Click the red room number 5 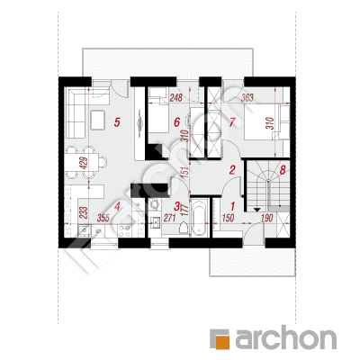[117, 122]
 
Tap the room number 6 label [177, 122]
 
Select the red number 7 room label [232, 122]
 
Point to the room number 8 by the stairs [283, 170]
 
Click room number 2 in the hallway [232, 170]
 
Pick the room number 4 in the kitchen [117, 206]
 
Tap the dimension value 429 [85, 164]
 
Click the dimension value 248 [176, 98]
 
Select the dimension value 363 [247, 97]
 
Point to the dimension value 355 [103, 218]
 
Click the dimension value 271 [169, 218]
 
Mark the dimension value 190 [266, 218]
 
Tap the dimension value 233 [85, 212]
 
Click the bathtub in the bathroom [199, 217]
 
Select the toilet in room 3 [183, 229]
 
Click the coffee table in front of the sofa [97, 120]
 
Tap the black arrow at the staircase [256, 210]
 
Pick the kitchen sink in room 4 [85, 230]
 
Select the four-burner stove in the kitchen [125, 230]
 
